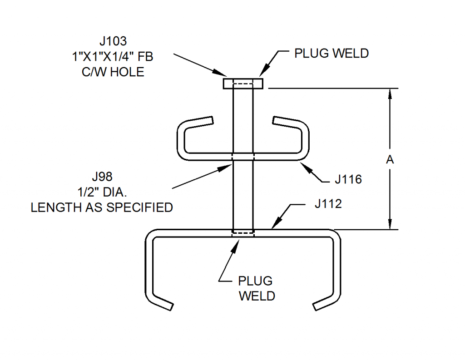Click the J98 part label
[102, 176]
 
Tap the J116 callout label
[348, 179]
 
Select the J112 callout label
[327, 204]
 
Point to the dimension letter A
[389, 160]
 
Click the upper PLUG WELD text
[331, 53]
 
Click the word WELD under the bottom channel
[257, 296]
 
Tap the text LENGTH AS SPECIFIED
[102, 207]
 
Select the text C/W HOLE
[113, 72]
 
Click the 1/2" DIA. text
[102, 192]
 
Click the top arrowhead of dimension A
[389, 93]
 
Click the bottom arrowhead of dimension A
[389, 225]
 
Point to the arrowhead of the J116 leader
[304, 164]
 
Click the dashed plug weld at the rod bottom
[243, 232]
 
